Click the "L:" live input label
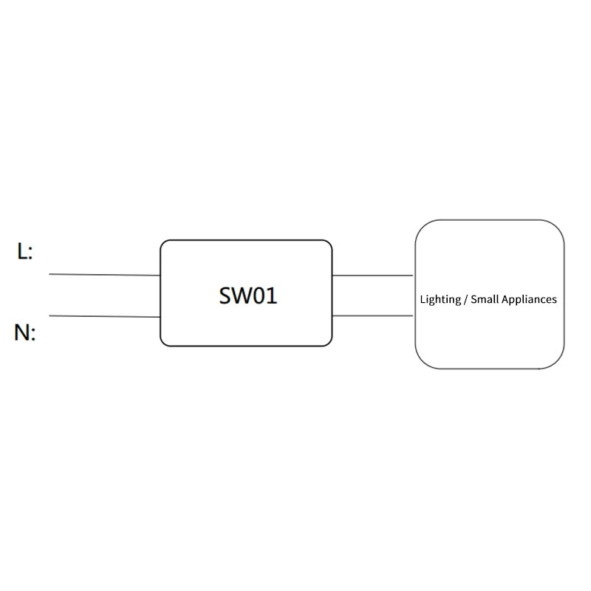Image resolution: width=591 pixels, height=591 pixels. tap(25, 251)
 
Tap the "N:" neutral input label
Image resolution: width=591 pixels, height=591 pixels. tap(25, 332)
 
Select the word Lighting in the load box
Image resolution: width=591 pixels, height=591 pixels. tap(440, 300)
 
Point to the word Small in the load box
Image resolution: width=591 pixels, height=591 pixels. tap(485, 299)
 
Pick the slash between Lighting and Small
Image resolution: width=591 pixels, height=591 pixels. tap(466, 300)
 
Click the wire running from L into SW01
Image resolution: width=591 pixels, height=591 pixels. tap(105, 275)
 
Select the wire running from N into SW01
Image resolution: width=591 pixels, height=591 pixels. tap(105, 316)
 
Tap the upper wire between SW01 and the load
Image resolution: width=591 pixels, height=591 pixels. tap(373, 276)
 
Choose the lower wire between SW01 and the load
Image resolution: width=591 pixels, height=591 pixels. tap(373, 315)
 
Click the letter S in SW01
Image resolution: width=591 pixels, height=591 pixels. tap(225, 295)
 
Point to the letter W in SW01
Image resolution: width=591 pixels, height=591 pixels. tap(242, 295)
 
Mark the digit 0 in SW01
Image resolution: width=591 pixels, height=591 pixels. tap(259, 295)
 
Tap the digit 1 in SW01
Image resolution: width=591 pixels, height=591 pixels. tap(272, 295)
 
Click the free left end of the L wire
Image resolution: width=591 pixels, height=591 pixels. tap(49, 274)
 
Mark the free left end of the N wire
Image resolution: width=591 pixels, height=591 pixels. tap(49, 315)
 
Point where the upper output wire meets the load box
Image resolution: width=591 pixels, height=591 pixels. tap(414, 276)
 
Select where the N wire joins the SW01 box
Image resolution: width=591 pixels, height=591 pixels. tap(160, 317)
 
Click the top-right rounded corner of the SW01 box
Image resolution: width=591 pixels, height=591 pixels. tap(329, 244)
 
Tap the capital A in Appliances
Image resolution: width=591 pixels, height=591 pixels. tap(505, 299)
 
